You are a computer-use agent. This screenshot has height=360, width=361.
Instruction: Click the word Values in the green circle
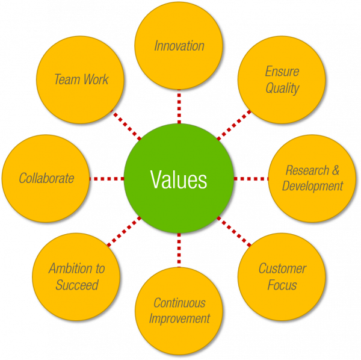coord(178,179)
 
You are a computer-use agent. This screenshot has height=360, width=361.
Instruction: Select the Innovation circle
coord(179,46)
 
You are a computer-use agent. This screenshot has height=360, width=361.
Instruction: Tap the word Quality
coord(282,88)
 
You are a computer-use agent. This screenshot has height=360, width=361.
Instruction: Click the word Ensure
coord(282,72)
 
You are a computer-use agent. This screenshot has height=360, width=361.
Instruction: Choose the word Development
coord(312,185)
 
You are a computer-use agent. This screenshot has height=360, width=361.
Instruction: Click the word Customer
coord(282,268)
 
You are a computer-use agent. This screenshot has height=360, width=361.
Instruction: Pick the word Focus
coord(282,285)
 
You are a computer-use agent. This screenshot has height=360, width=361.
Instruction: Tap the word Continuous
coord(179,303)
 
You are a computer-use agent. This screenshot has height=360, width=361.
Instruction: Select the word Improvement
coord(179,318)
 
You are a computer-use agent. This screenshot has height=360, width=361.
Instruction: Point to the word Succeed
coord(76,285)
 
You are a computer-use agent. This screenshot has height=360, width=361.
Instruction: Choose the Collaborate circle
coord(46,178)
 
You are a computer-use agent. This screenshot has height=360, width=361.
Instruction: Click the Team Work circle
coord(81,79)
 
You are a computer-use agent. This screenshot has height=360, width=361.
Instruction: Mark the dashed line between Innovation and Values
coord(179,108)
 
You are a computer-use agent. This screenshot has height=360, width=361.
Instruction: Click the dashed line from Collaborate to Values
coord(106,179)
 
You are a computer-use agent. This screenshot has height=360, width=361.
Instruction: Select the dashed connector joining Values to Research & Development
coord(250,179)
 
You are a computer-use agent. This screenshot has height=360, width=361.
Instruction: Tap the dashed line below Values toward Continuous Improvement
coord(179,249)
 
